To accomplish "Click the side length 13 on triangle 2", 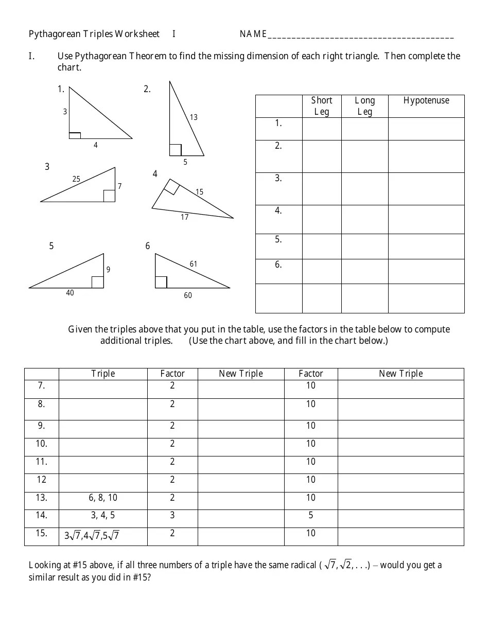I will pyautogui.click(x=194, y=117).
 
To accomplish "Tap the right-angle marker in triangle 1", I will pyautogui.click(x=75, y=135).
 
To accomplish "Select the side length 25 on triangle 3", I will pyautogui.click(x=76, y=179).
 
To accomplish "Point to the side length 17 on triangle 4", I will pyautogui.click(x=184, y=217).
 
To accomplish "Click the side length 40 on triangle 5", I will pyautogui.click(x=70, y=293).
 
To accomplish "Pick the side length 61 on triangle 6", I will pyautogui.click(x=194, y=264).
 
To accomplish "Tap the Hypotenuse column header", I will pyautogui.click(x=426, y=101).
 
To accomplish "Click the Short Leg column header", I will pyautogui.click(x=321, y=106).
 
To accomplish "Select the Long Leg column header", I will pyautogui.click(x=364, y=106).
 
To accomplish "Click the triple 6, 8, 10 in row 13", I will pyautogui.click(x=103, y=498).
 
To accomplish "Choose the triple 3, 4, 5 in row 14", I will pyautogui.click(x=103, y=515).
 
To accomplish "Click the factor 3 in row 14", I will pyautogui.click(x=172, y=515).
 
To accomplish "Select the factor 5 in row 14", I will pyautogui.click(x=310, y=515).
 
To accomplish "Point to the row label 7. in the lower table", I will pyautogui.click(x=42, y=385).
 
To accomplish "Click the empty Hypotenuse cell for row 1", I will pyautogui.click(x=426, y=129).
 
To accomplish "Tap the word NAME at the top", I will pyautogui.click(x=253, y=34).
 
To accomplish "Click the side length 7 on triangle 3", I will pyautogui.click(x=120, y=186).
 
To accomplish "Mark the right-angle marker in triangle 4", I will pyautogui.click(x=171, y=187).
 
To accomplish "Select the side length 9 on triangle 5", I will pyautogui.click(x=108, y=269).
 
